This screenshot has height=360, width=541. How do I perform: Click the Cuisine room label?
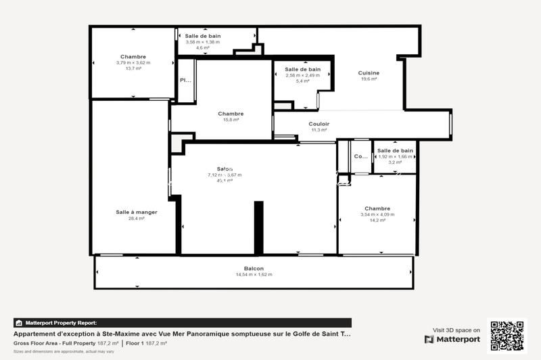369,73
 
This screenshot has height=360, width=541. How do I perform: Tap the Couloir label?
319,124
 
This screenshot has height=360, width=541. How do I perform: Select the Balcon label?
254,269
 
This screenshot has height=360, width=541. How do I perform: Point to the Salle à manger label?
136,212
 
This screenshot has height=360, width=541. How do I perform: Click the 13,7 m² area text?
133,68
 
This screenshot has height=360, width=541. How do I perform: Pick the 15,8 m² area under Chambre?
231,120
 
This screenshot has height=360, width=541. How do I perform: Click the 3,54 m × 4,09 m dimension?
377,215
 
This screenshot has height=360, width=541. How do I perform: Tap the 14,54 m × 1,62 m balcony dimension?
254,275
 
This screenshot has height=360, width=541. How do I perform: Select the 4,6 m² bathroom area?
203,48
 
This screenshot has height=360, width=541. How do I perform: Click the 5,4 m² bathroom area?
302,81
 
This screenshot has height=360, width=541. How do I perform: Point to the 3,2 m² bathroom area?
395,162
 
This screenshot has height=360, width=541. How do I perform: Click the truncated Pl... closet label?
185,81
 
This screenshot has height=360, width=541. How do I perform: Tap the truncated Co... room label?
361,156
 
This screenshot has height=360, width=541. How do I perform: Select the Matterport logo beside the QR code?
452,339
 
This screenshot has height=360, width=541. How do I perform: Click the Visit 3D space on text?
456,330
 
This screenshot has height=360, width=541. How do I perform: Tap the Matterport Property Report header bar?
183,323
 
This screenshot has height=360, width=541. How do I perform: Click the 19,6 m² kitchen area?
369,79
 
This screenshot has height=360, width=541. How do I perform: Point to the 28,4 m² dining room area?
136,219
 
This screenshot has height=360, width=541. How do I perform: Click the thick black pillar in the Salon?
258,227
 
